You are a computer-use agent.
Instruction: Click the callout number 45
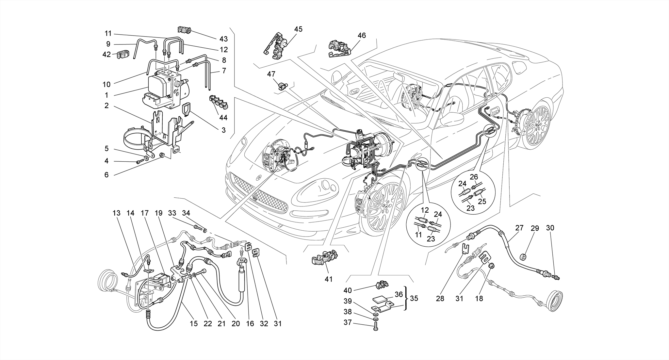(298, 29)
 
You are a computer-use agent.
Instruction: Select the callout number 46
(362, 35)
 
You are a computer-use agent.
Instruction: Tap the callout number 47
(271, 74)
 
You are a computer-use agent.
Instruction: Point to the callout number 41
(328, 279)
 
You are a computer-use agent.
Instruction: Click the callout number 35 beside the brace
(414, 298)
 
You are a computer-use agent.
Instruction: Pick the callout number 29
(534, 228)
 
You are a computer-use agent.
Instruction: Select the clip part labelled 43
(184, 30)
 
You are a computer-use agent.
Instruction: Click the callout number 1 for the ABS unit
(106, 95)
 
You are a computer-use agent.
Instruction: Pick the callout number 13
(116, 213)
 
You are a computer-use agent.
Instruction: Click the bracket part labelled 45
(277, 46)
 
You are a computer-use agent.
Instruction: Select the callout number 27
(519, 228)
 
